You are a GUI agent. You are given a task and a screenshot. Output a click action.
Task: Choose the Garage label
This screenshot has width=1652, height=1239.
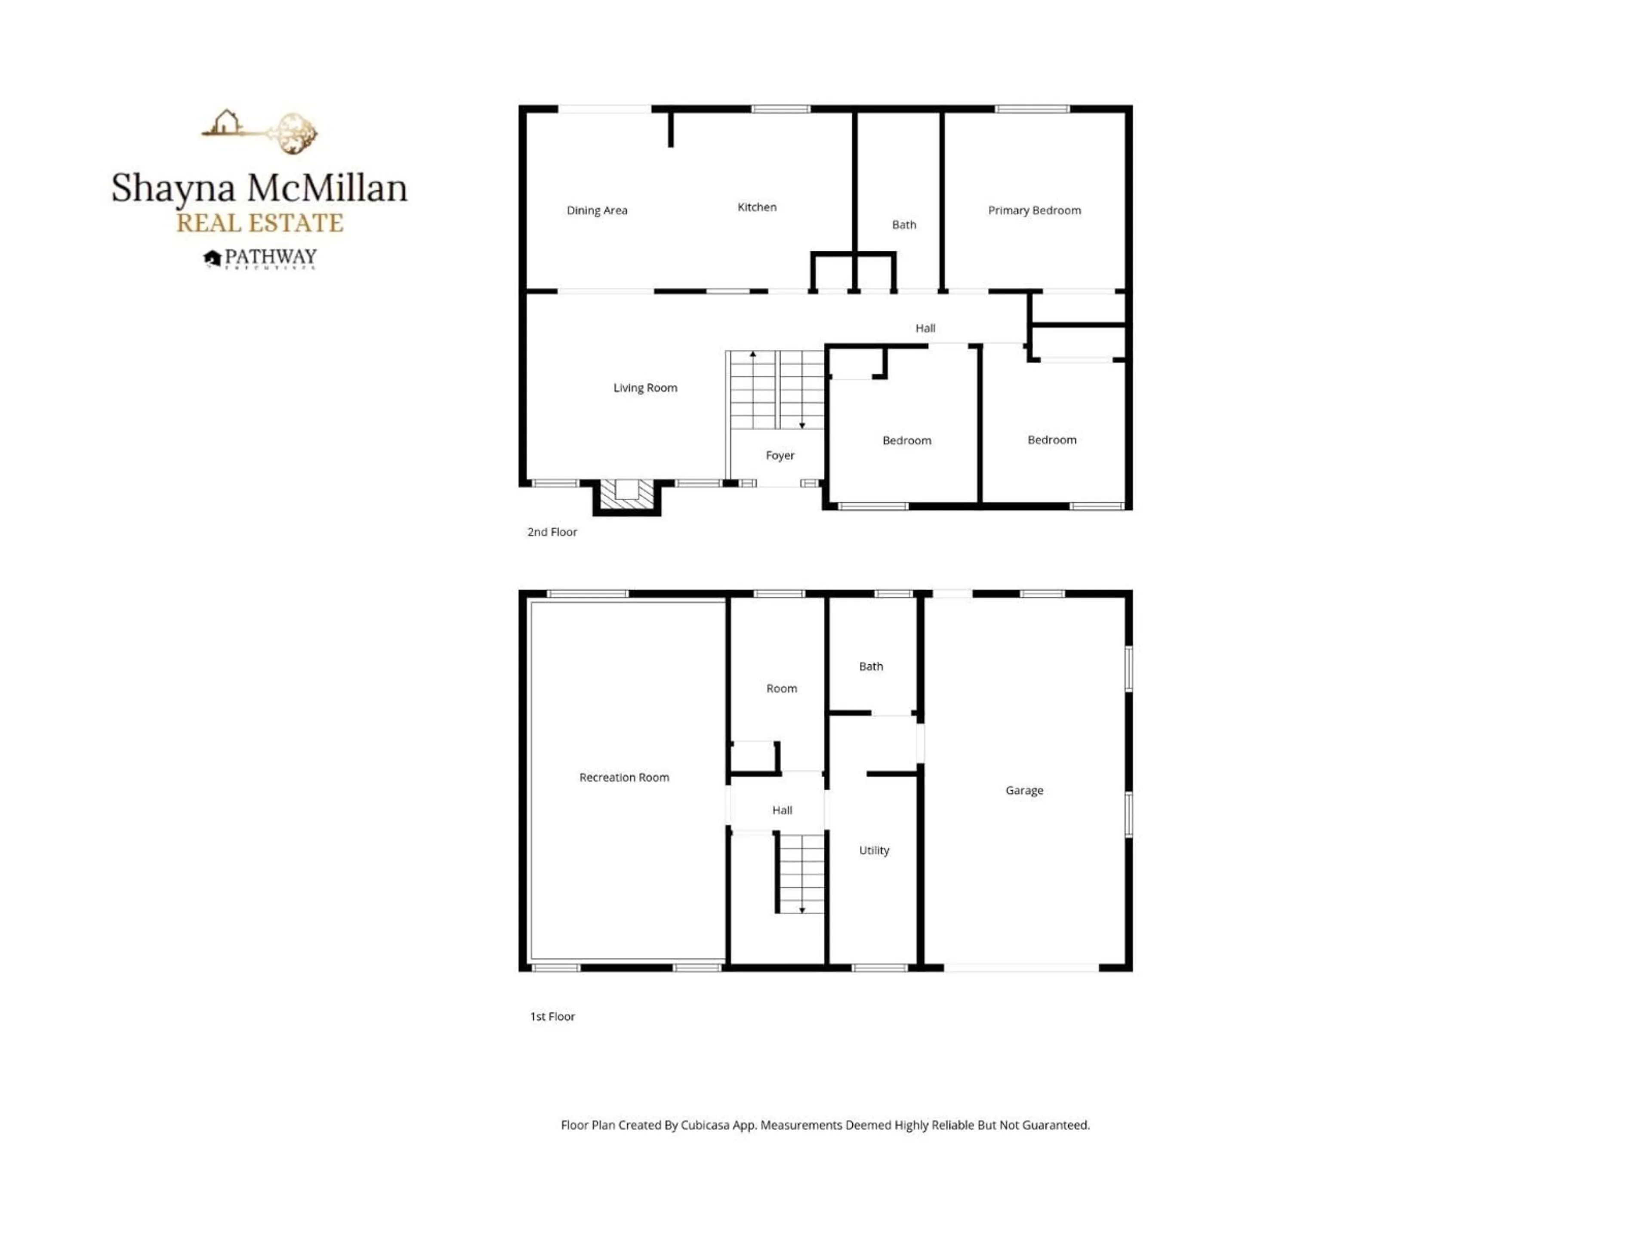[x=1024, y=790]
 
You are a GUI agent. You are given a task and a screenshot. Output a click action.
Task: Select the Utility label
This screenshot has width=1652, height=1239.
[x=874, y=850]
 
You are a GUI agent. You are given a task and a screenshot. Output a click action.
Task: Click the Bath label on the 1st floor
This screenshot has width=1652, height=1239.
[x=871, y=666]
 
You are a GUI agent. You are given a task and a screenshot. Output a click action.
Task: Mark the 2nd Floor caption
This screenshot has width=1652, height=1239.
[x=552, y=532]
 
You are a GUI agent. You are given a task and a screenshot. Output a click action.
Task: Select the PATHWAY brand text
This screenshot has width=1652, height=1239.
[x=270, y=257]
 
